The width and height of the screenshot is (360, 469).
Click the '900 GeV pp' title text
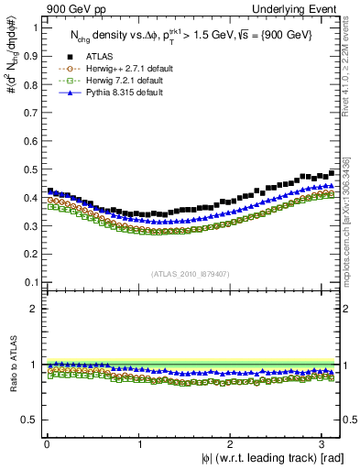click(71, 7)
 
